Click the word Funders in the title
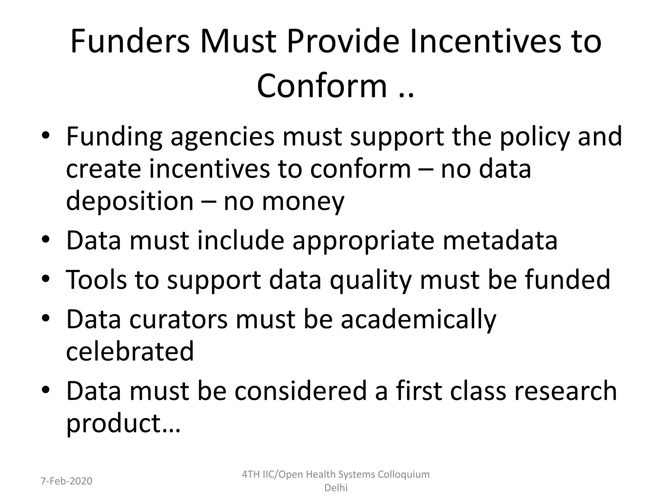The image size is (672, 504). tap(130, 42)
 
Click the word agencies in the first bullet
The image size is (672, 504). tap(222, 137)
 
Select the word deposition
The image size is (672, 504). tap(130, 201)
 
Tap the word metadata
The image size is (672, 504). tap(500, 241)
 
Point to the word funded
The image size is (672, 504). tap(568, 280)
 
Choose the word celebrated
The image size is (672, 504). tap(130, 351)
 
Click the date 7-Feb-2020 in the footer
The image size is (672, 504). tap(66, 481)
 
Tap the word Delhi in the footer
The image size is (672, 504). tap(336, 488)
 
